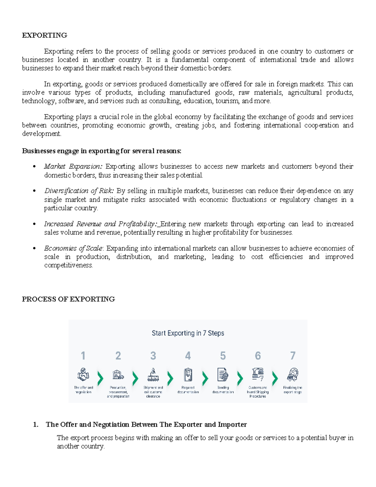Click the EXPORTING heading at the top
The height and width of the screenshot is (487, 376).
44,35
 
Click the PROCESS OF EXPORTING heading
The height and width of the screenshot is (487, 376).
68,299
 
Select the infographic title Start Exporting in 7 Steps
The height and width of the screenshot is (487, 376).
188,333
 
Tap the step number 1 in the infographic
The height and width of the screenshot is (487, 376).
83,356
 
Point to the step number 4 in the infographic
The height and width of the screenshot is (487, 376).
188,356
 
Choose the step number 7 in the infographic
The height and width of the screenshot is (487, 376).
293,356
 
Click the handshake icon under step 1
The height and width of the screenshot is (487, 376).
83,374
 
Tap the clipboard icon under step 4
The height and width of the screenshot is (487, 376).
188,374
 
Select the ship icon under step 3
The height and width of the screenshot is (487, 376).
153,374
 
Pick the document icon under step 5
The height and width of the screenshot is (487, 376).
223,374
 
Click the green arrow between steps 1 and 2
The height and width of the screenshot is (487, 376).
101,378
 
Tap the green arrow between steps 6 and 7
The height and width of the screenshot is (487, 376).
275,378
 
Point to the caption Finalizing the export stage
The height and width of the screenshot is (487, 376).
293,390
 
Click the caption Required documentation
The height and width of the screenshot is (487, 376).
188,390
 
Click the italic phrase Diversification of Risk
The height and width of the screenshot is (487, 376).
79,191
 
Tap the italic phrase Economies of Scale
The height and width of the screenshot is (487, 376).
73,248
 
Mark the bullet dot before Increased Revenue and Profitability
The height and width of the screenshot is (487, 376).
34,224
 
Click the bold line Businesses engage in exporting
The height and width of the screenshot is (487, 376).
102,151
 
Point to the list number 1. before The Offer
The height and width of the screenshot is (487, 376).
36,425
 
